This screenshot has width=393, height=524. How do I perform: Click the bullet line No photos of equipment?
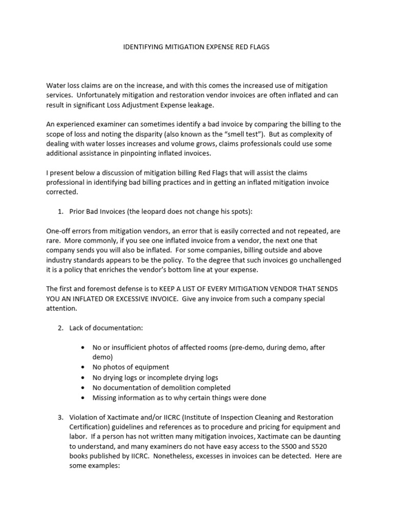coord(130,367)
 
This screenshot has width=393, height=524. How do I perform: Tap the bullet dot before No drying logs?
coord(83,377)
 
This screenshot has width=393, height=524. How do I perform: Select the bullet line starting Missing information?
coord(179,397)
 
